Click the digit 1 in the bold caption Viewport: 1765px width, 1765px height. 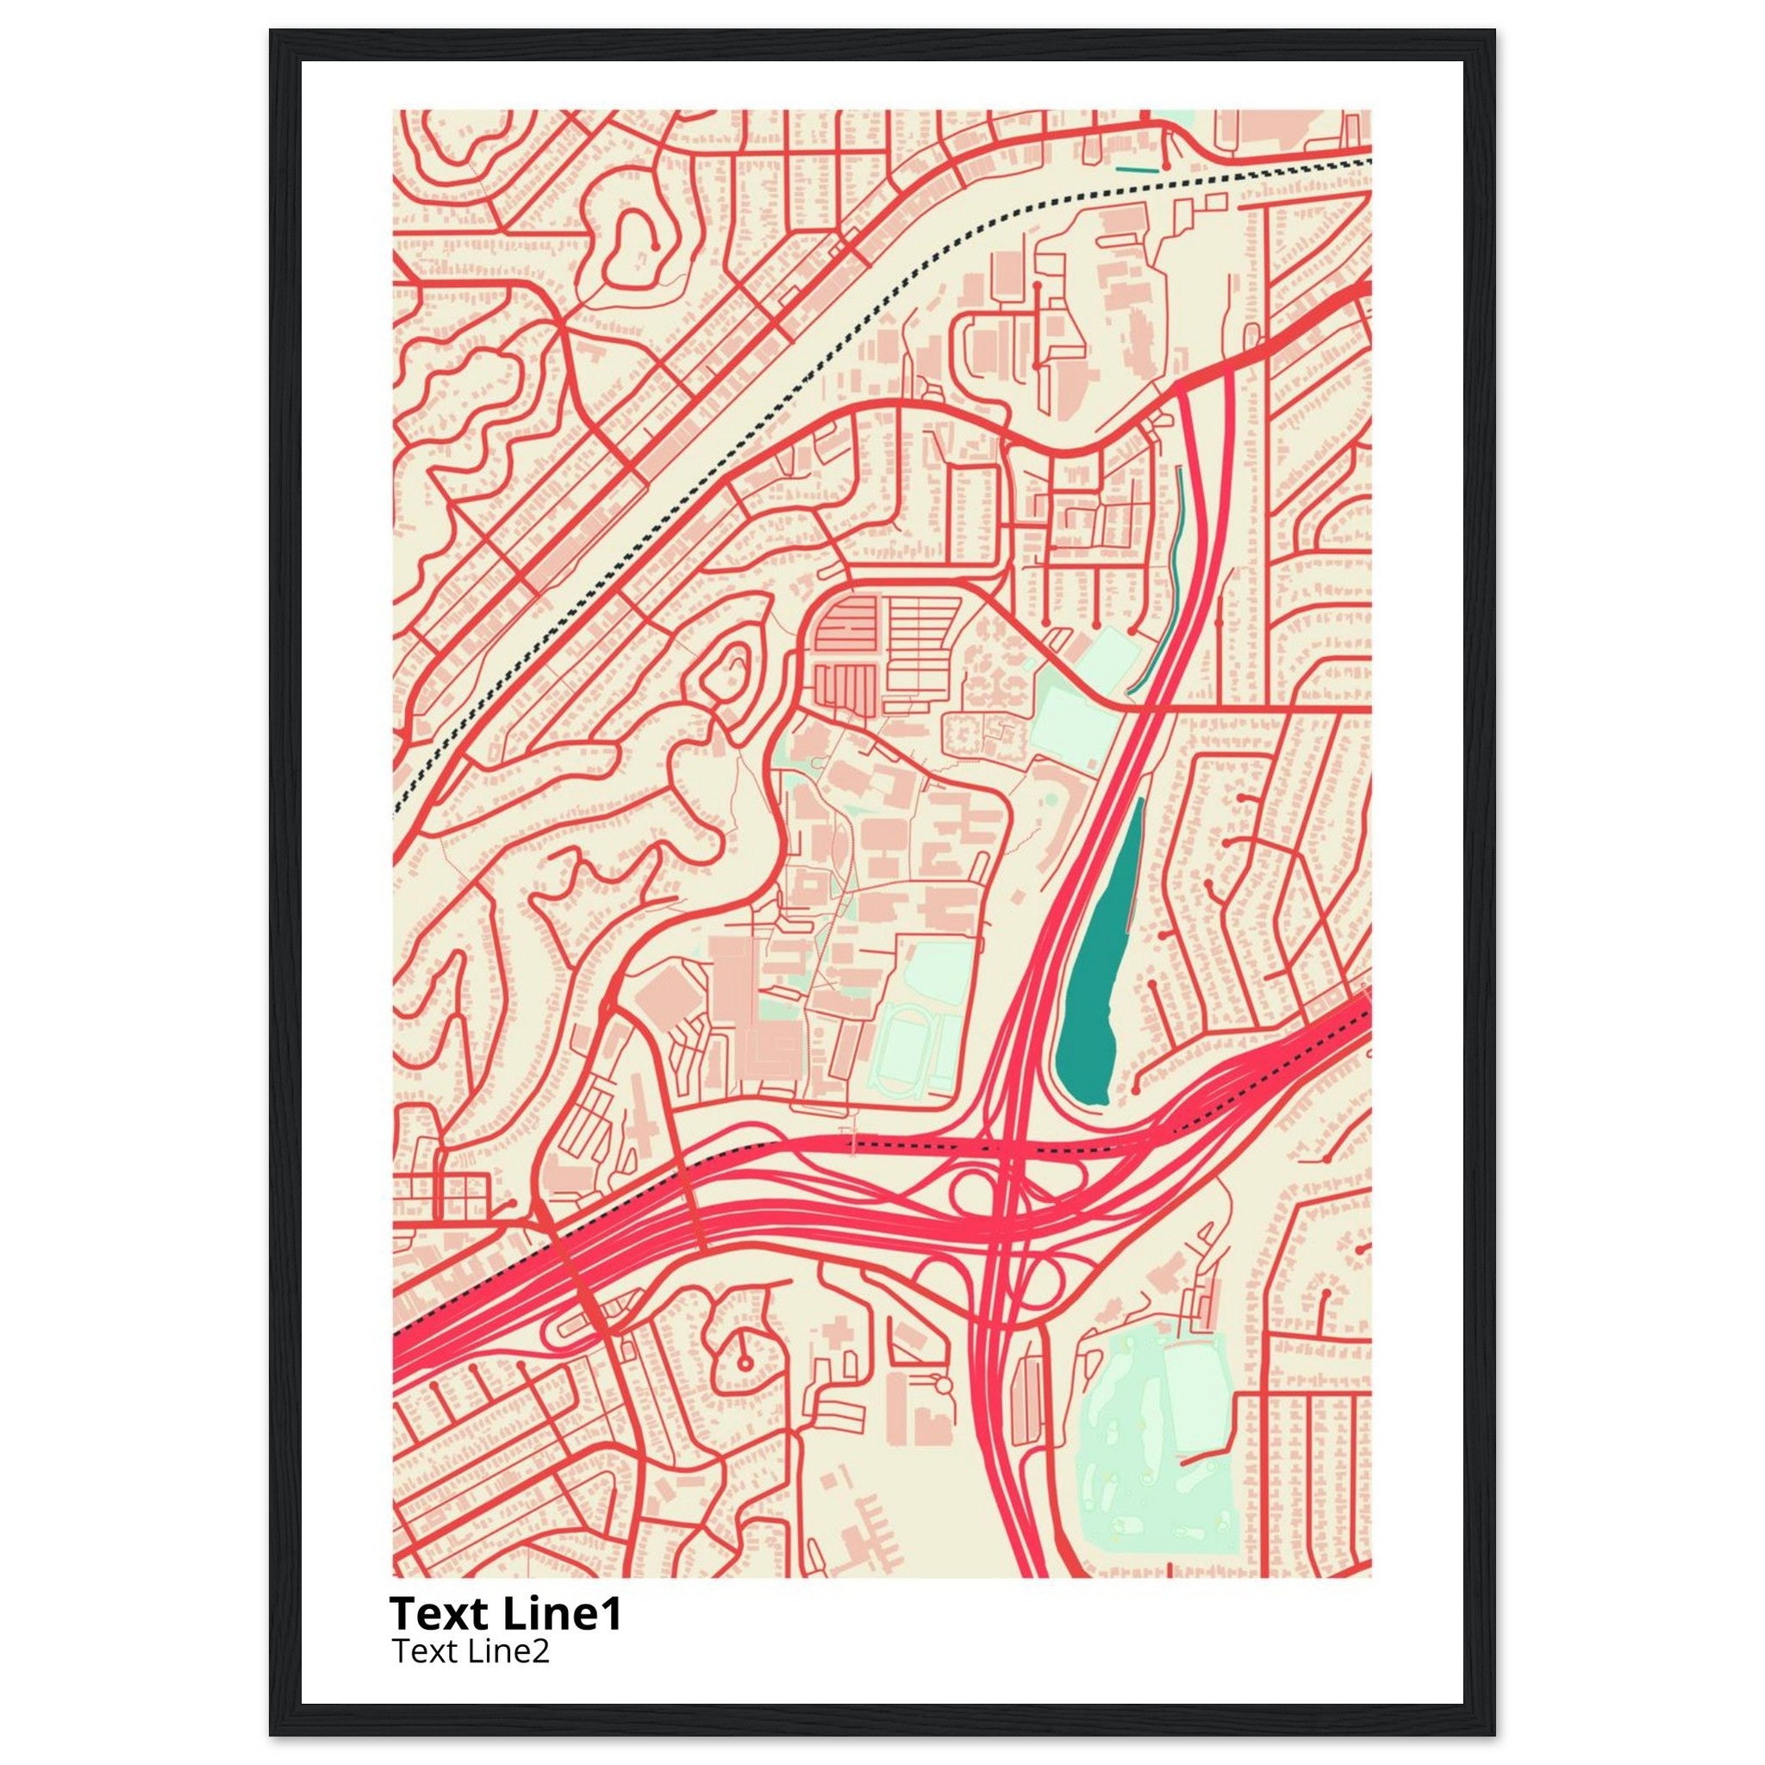(609, 1614)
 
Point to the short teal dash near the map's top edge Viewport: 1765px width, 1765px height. (1137, 169)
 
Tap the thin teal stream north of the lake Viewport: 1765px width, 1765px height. (1176, 539)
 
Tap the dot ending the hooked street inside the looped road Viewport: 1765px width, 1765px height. (655, 246)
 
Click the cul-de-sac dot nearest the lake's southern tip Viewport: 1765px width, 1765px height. (1136, 1090)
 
